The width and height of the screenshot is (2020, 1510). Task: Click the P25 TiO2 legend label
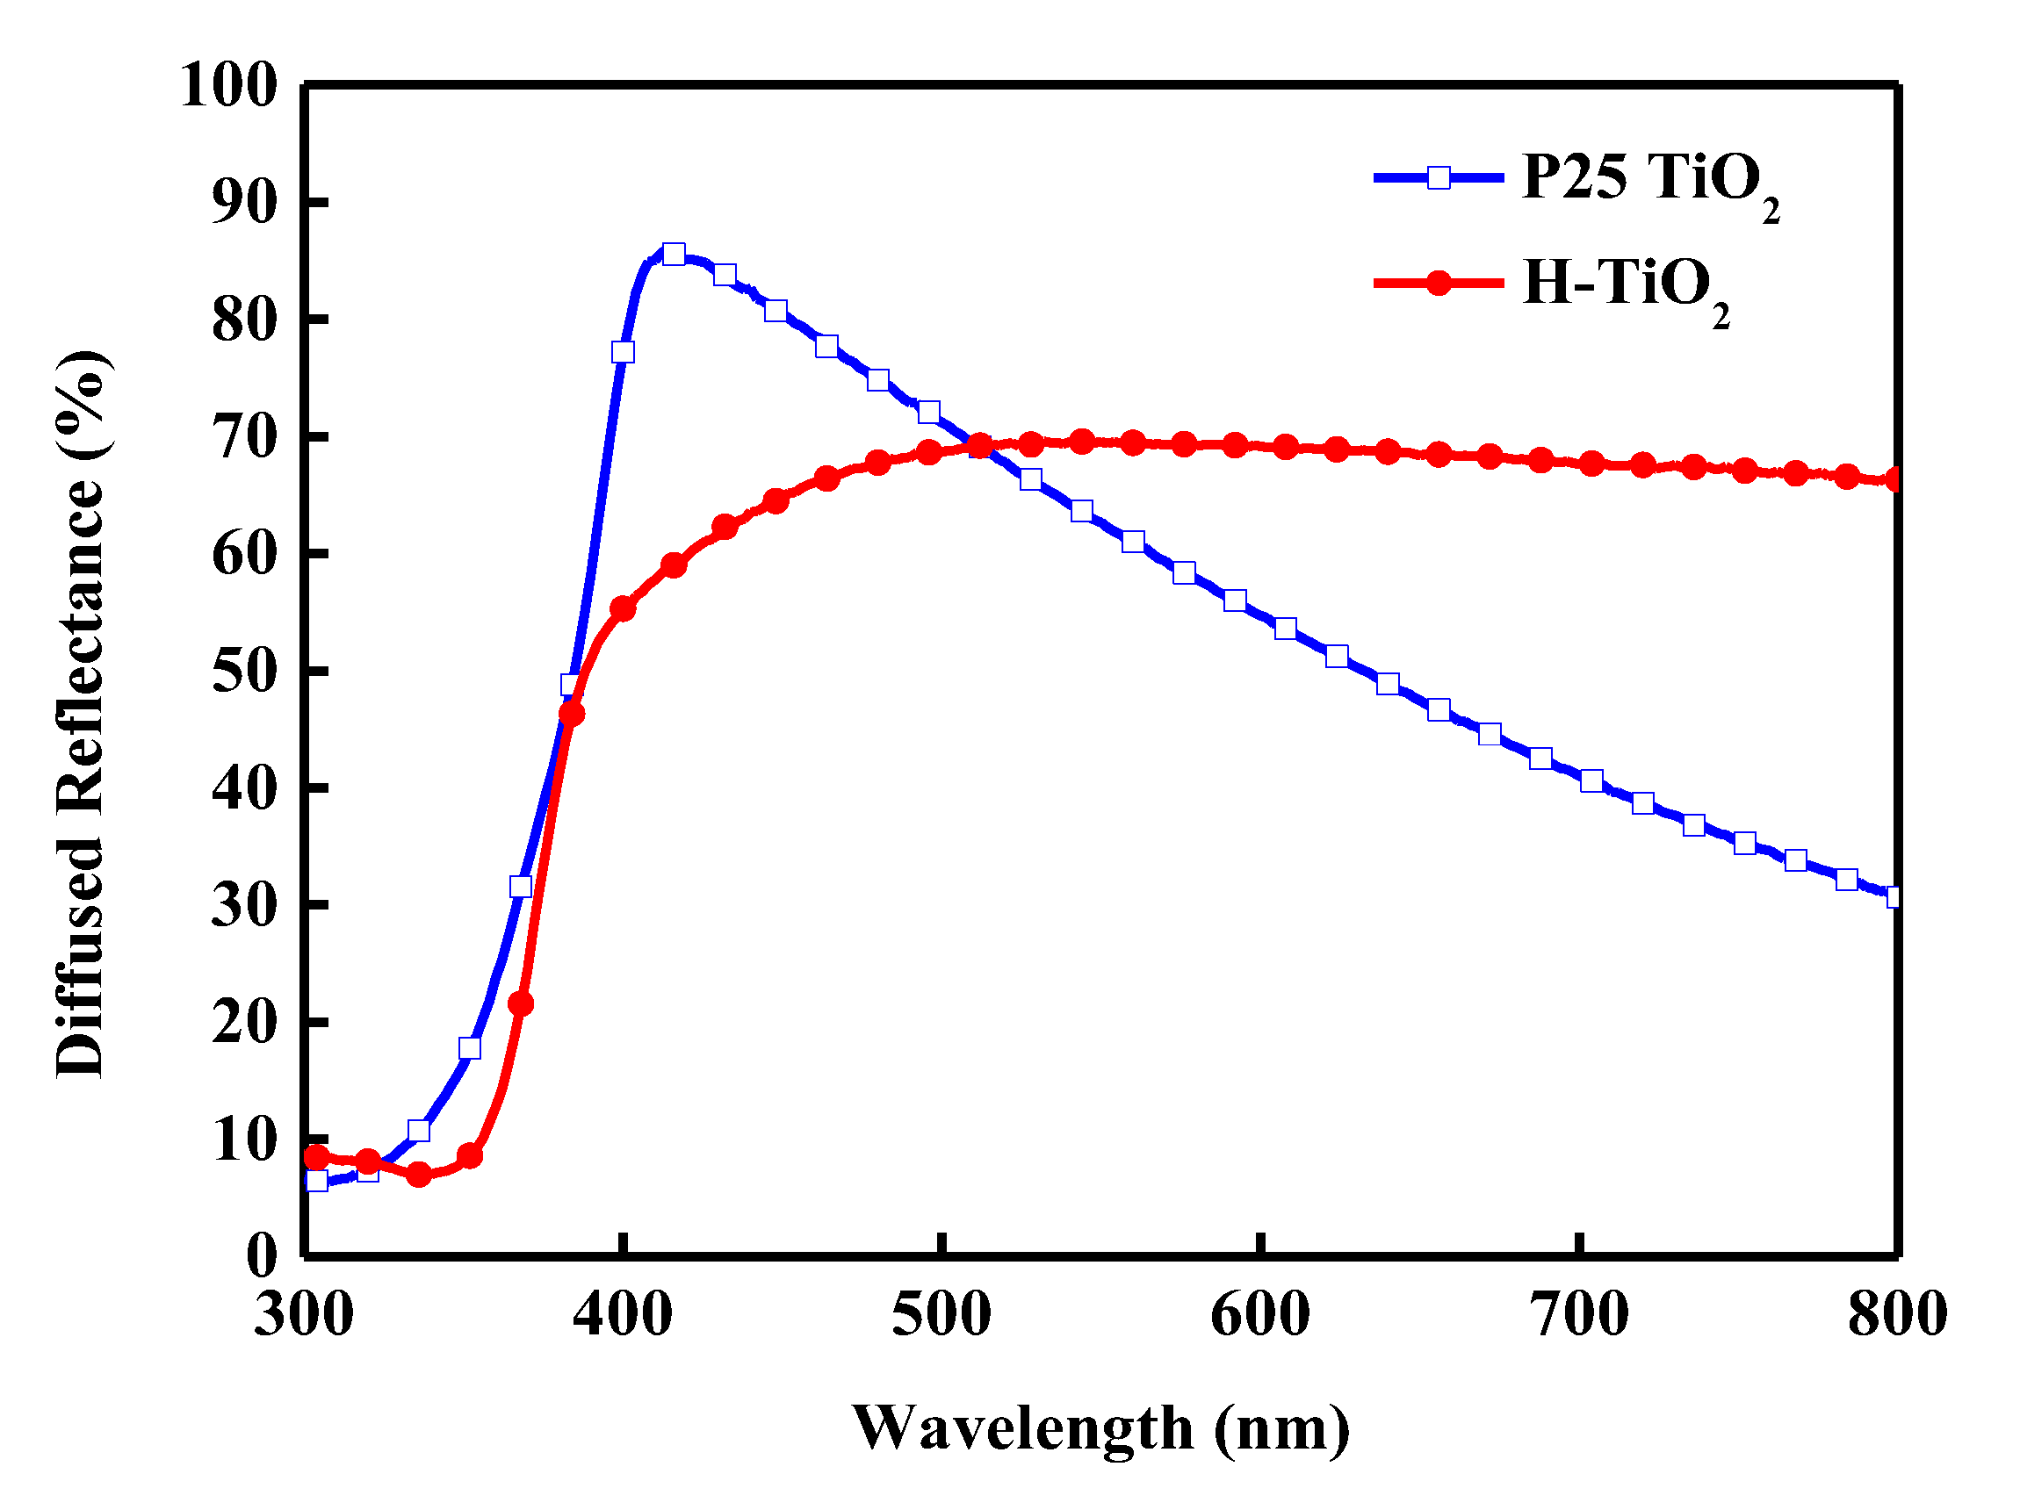1649,179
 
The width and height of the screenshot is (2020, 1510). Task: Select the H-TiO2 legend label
1626,284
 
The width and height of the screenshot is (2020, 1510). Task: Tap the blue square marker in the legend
1439,177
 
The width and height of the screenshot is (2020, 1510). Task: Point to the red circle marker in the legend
1439,283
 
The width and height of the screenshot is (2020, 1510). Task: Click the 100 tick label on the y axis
228,87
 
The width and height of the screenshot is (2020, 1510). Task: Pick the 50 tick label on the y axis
244,671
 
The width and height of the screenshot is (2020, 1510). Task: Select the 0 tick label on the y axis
261,1256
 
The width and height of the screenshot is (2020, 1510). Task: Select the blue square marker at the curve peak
674,254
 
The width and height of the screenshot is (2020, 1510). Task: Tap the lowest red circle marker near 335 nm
419,1174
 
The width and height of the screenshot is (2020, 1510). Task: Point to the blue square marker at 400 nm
623,352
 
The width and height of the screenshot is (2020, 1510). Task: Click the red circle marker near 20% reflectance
521,1004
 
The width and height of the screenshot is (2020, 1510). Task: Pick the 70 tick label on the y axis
244,437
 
